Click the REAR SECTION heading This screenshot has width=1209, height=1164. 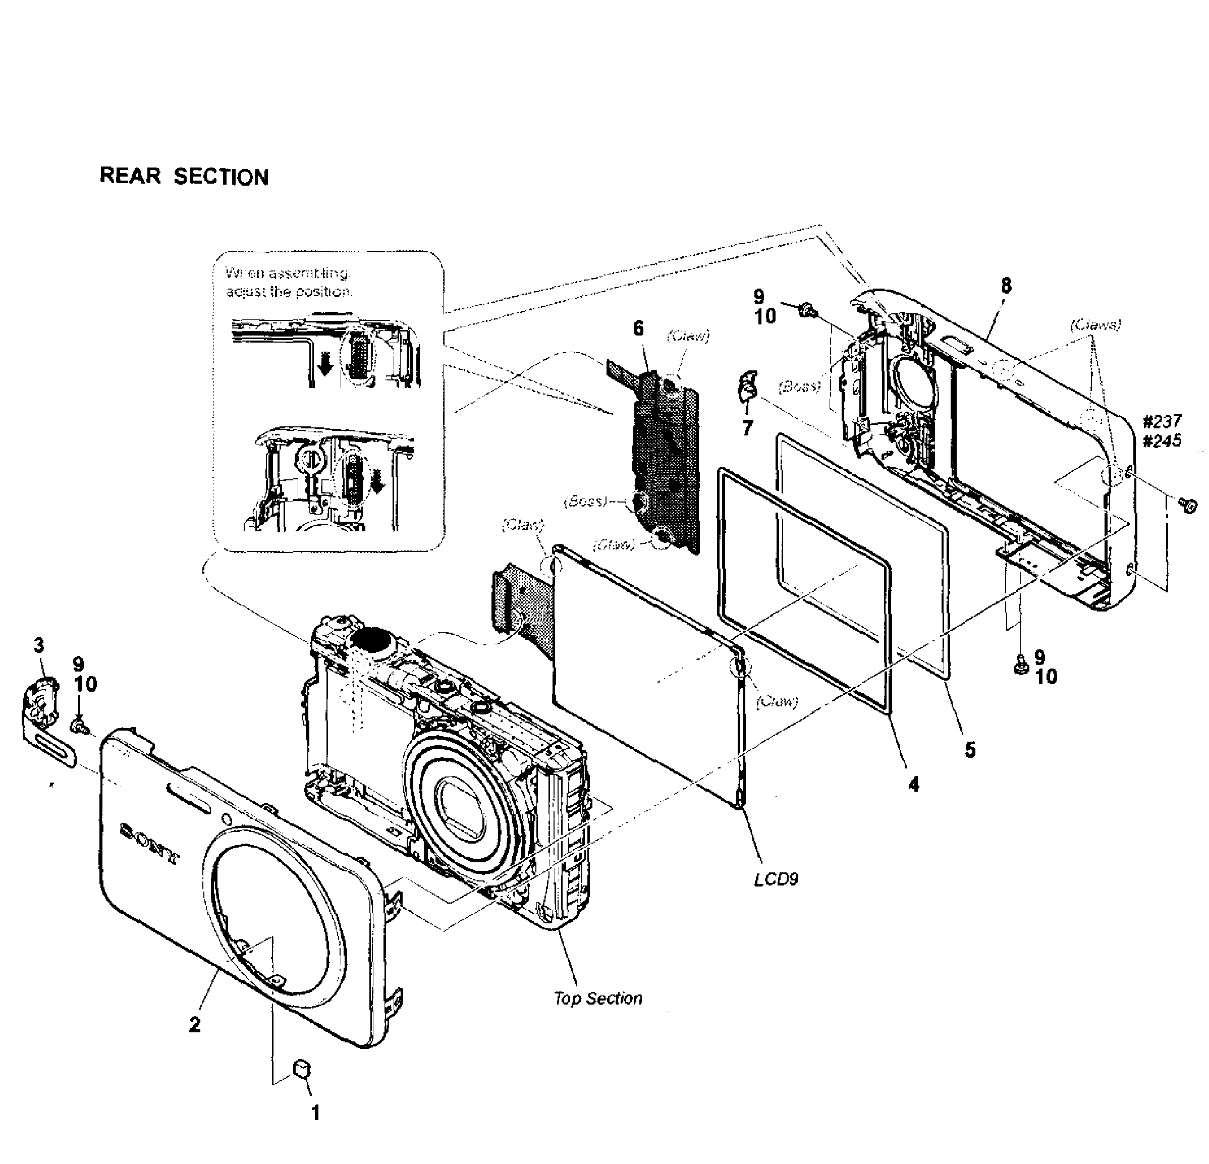(x=184, y=177)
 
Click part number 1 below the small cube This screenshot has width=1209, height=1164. (x=315, y=1113)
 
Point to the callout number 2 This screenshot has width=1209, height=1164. (x=195, y=1025)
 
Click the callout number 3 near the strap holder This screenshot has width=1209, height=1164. (x=39, y=645)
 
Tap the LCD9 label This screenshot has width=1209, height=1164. (x=776, y=879)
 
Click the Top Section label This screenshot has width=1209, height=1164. (x=598, y=998)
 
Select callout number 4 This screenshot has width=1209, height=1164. (x=913, y=785)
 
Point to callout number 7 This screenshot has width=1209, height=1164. (x=748, y=427)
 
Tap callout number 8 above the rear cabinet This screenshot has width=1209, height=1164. (x=1006, y=286)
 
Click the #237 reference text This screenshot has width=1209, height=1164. (x=1162, y=421)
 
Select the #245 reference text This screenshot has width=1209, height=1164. (x=1162, y=440)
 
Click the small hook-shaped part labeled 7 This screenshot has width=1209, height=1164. (x=748, y=387)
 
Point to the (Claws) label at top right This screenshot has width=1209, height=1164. (x=1095, y=325)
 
